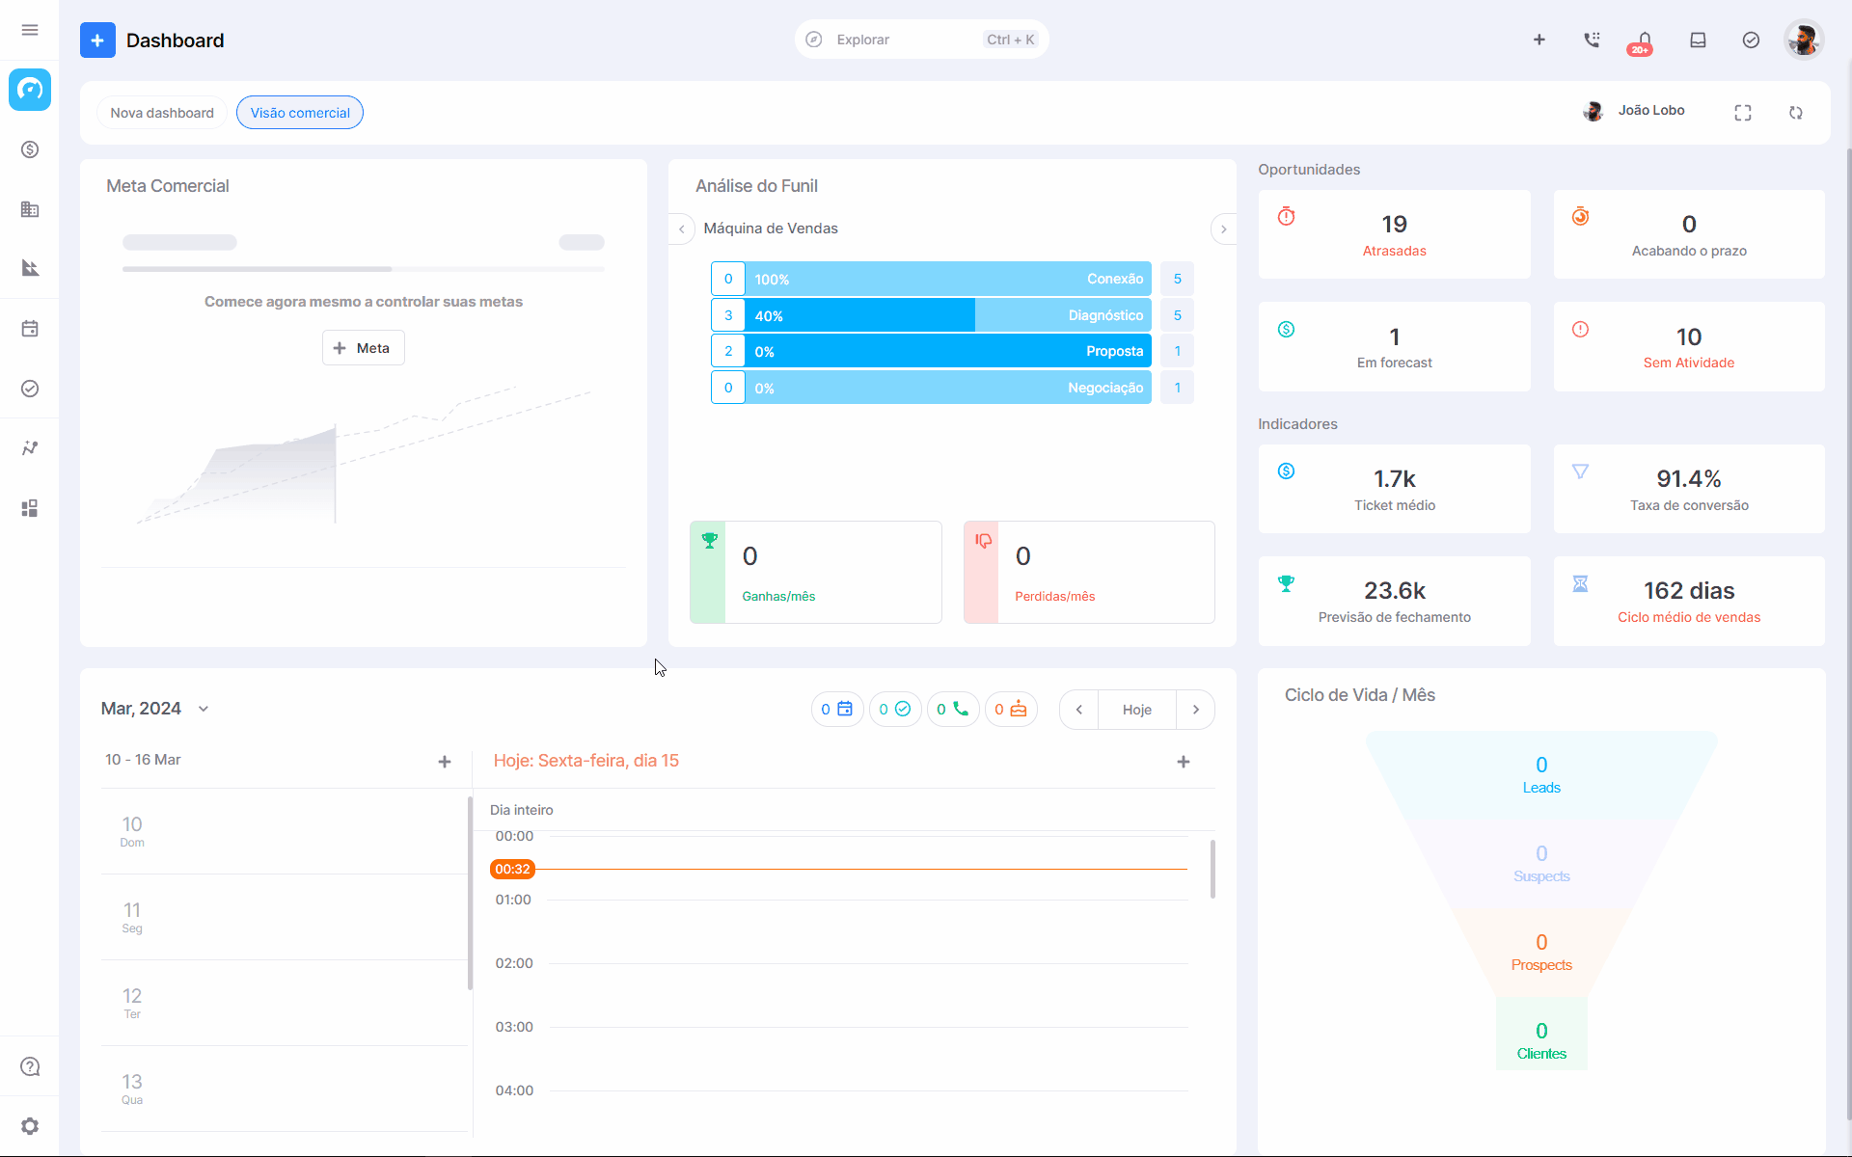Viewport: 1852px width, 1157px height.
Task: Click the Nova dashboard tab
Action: click(x=162, y=113)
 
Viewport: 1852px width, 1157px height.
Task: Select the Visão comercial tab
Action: click(x=300, y=113)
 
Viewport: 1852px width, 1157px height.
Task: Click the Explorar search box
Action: click(x=921, y=40)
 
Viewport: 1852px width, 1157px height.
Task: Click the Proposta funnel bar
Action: click(x=948, y=351)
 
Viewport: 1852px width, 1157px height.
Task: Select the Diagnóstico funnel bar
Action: click(x=948, y=315)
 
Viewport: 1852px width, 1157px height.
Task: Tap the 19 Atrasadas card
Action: click(x=1394, y=234)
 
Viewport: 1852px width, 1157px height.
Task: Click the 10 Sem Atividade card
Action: click(x=1689, y=347)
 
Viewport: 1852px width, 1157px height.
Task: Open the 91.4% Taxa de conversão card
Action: click(x=1689, y=489)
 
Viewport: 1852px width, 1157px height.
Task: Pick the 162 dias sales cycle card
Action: click(x=1689, y=601)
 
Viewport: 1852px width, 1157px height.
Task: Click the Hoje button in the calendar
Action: click(x=1137, y=710)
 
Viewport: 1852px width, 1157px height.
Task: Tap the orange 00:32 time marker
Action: click(x=512, y=869)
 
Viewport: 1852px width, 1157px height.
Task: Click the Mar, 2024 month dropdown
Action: click(x=155, y=709)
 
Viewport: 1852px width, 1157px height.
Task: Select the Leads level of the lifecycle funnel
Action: click(x=1541, y=775)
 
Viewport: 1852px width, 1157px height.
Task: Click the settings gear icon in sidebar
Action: click(x=30, y=1126)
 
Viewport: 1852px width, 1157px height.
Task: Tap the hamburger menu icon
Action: click(x=30, y=30)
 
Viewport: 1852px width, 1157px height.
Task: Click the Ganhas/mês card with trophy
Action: click(x=816, y=572)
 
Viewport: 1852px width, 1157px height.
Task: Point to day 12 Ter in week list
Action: click(x=132, y=1003)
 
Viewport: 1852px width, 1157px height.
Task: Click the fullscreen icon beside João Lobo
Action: click(x=1743, y=113)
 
